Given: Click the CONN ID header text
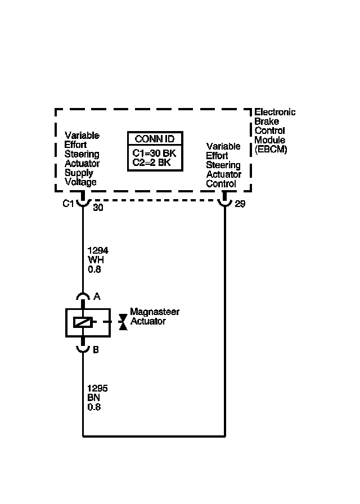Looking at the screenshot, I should point(155,139).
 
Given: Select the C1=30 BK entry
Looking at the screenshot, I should point(155,154).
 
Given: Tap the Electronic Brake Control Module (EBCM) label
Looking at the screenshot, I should point(274,130).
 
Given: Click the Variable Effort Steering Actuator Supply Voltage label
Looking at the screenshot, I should point(82,159).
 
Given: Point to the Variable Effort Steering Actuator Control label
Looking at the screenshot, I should point(223,165).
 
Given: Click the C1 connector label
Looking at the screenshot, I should point(68,204).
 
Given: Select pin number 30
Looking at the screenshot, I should point(98,207).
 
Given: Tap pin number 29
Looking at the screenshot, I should point(240,204).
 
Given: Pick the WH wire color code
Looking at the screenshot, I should point(96,260).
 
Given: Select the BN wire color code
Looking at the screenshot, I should point(94,398).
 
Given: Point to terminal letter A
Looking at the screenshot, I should point(96,296).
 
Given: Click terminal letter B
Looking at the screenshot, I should point(96,349).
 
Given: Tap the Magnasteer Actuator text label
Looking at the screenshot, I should point(154,316).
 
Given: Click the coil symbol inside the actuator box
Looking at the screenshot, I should point(83,322).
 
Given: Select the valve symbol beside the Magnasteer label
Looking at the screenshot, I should point(123,322).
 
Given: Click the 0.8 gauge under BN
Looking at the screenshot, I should point(94,407).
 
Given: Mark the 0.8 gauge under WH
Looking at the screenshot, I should point(94,269).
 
